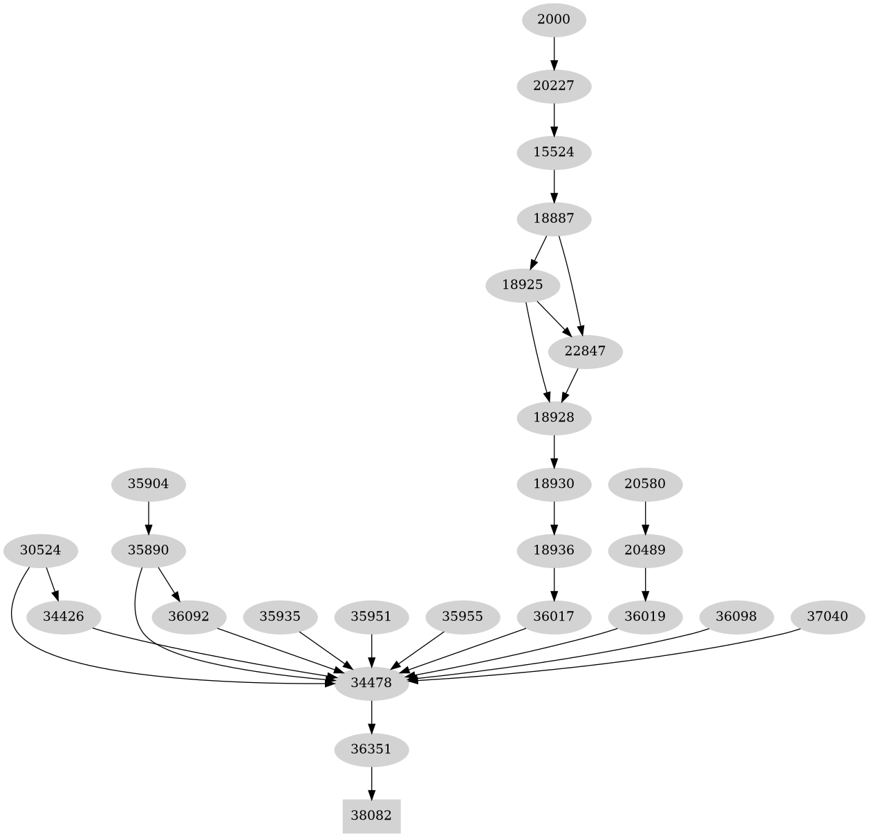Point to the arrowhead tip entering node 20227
click(554, 70)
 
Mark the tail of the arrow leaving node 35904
click(148, 501)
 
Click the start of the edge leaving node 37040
click(801, 629)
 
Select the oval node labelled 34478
click(371, 683)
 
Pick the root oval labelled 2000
click(554, 19)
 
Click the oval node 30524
click(41, 551)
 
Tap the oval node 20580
click(645, 484)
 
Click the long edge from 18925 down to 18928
click(536, 352)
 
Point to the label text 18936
click(554, 550)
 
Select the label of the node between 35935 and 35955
click(371, 617)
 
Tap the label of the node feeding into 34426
click(41, 550)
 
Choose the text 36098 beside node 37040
click(736, 617)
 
